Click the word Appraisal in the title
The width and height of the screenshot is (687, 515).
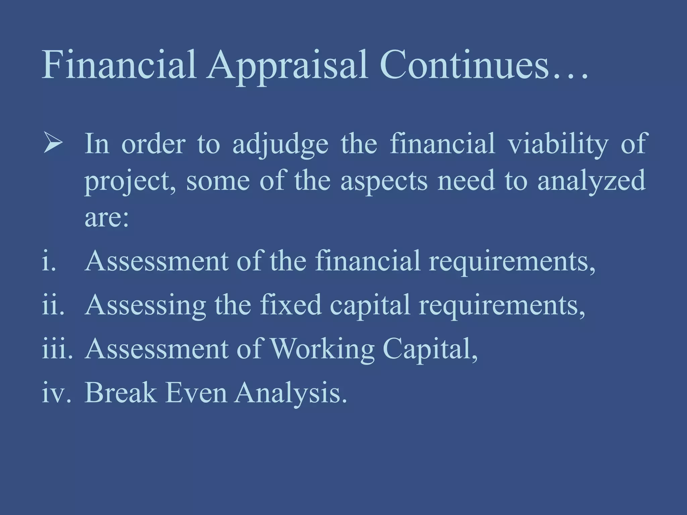pyautogui.click(x=287, y=65)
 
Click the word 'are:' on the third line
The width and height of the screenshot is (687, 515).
pyautogui.click(x=107, y=218)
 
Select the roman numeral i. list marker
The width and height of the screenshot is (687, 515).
pyautogui.click(x=49, y=261)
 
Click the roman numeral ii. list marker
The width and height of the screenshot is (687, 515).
pyautogui.click(x=53, y=305)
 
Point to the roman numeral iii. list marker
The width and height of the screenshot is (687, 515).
pyautogui.click(x=57, y=349)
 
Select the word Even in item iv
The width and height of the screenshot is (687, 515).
pyautogui.click(x=196, y=392)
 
